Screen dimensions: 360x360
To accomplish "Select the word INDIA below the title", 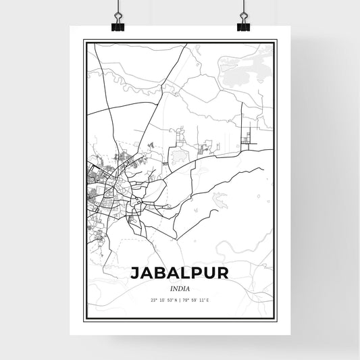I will click(180, 289).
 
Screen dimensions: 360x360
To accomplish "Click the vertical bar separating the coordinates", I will click(180, 299).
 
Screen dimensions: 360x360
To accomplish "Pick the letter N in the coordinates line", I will click(176, 299).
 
